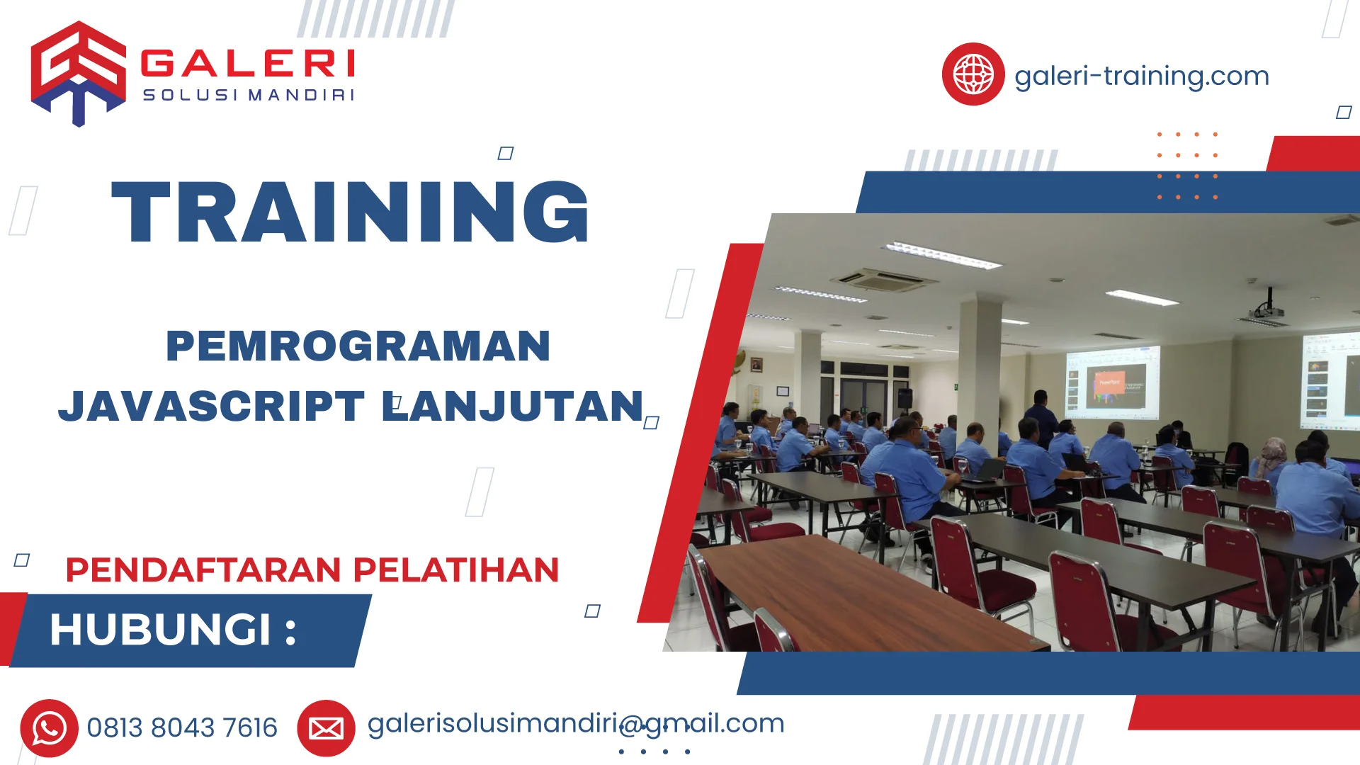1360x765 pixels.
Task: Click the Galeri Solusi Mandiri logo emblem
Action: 78,72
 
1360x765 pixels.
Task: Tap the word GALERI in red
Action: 248,63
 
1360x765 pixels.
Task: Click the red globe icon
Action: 973,74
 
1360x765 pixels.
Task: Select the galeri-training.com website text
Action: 1141,76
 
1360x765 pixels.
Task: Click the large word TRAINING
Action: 351,212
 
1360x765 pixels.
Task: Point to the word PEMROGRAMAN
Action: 358,346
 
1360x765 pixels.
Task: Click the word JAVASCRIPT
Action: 211,406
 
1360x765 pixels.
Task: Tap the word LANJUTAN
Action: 513,406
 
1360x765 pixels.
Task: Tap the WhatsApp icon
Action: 49,728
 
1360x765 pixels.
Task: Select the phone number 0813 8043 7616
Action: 182,727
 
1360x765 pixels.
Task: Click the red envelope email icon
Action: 326,728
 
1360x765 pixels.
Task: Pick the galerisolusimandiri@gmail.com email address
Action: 575,723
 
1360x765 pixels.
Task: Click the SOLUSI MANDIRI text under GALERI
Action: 248,95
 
